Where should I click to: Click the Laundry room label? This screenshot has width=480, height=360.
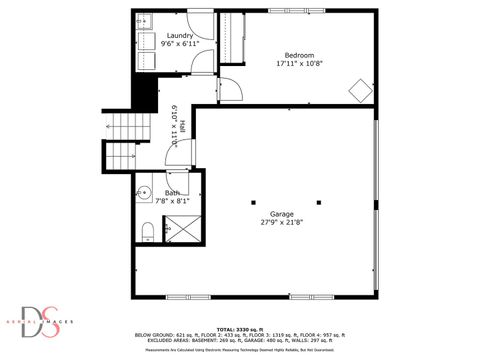pos(181,36)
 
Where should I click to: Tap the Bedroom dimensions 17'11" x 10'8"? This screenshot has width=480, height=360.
pos(299,63)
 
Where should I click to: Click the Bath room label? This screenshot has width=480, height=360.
pos(172,193)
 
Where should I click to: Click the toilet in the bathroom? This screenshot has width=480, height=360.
pos(147,232)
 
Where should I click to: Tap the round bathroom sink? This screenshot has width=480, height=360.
pos(144,193)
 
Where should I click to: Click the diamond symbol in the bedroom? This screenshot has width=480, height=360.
pos(358,89)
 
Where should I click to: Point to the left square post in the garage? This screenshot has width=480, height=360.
pos(253,198)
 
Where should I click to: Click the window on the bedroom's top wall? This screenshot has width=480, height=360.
pos(298,11)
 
